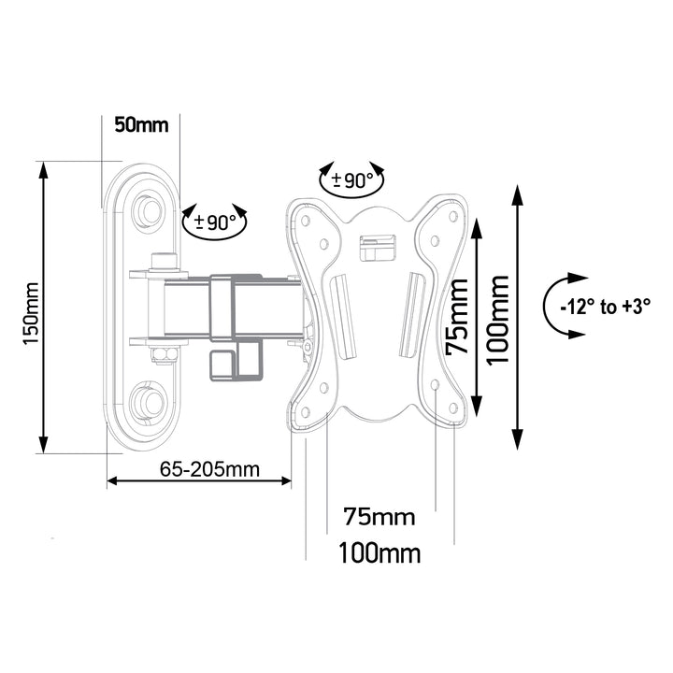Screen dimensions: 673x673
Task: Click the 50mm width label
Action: [x=140, y=124]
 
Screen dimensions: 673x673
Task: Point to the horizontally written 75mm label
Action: [x=379, y=517]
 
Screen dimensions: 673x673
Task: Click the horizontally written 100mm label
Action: [x=379, y=552]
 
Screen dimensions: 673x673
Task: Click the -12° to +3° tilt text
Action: [x=605, y=306]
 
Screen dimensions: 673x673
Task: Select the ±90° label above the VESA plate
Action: [x=351, y=180]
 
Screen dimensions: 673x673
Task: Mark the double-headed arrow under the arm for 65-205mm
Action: [x=198, y=482]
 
